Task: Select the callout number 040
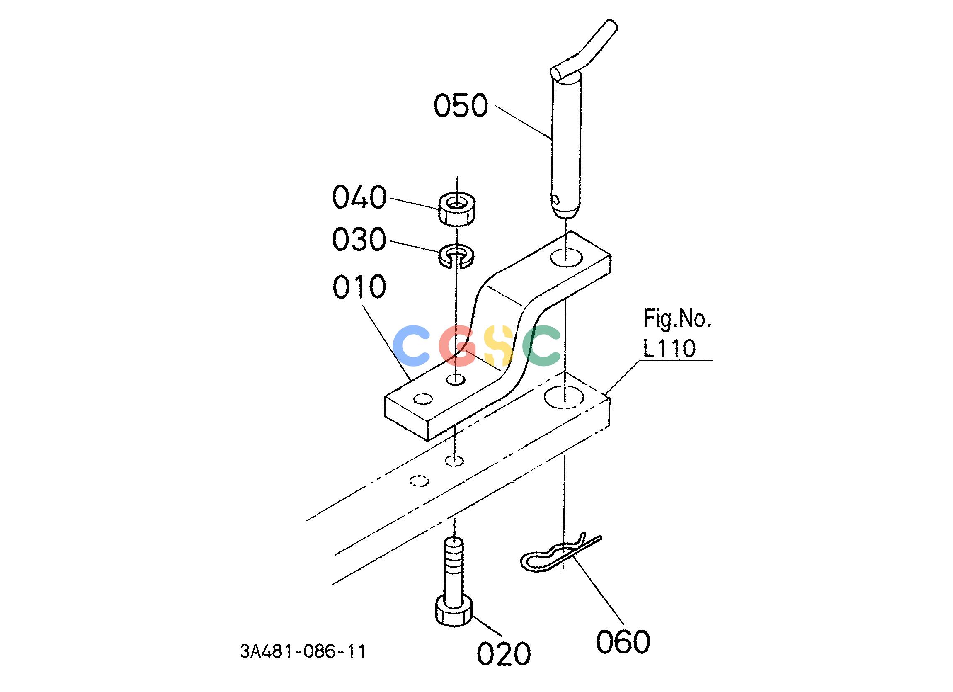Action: pyautogui.click(x=359, y=197)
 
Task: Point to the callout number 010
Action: pyautogui.click(x=359, y=287)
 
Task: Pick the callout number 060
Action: pyautogui.click(x=623, y=641)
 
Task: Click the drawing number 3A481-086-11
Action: pyautogui.click(x=303, y=652)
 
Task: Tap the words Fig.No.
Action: pyautogui.click(x=677, y=319)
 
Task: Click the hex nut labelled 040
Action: pyautogui.click(x=458, y=209)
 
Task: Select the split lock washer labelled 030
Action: pyautogui.click(x=457, y=257)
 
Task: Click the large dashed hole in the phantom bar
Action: pyautogui.click(x=564, y=396)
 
